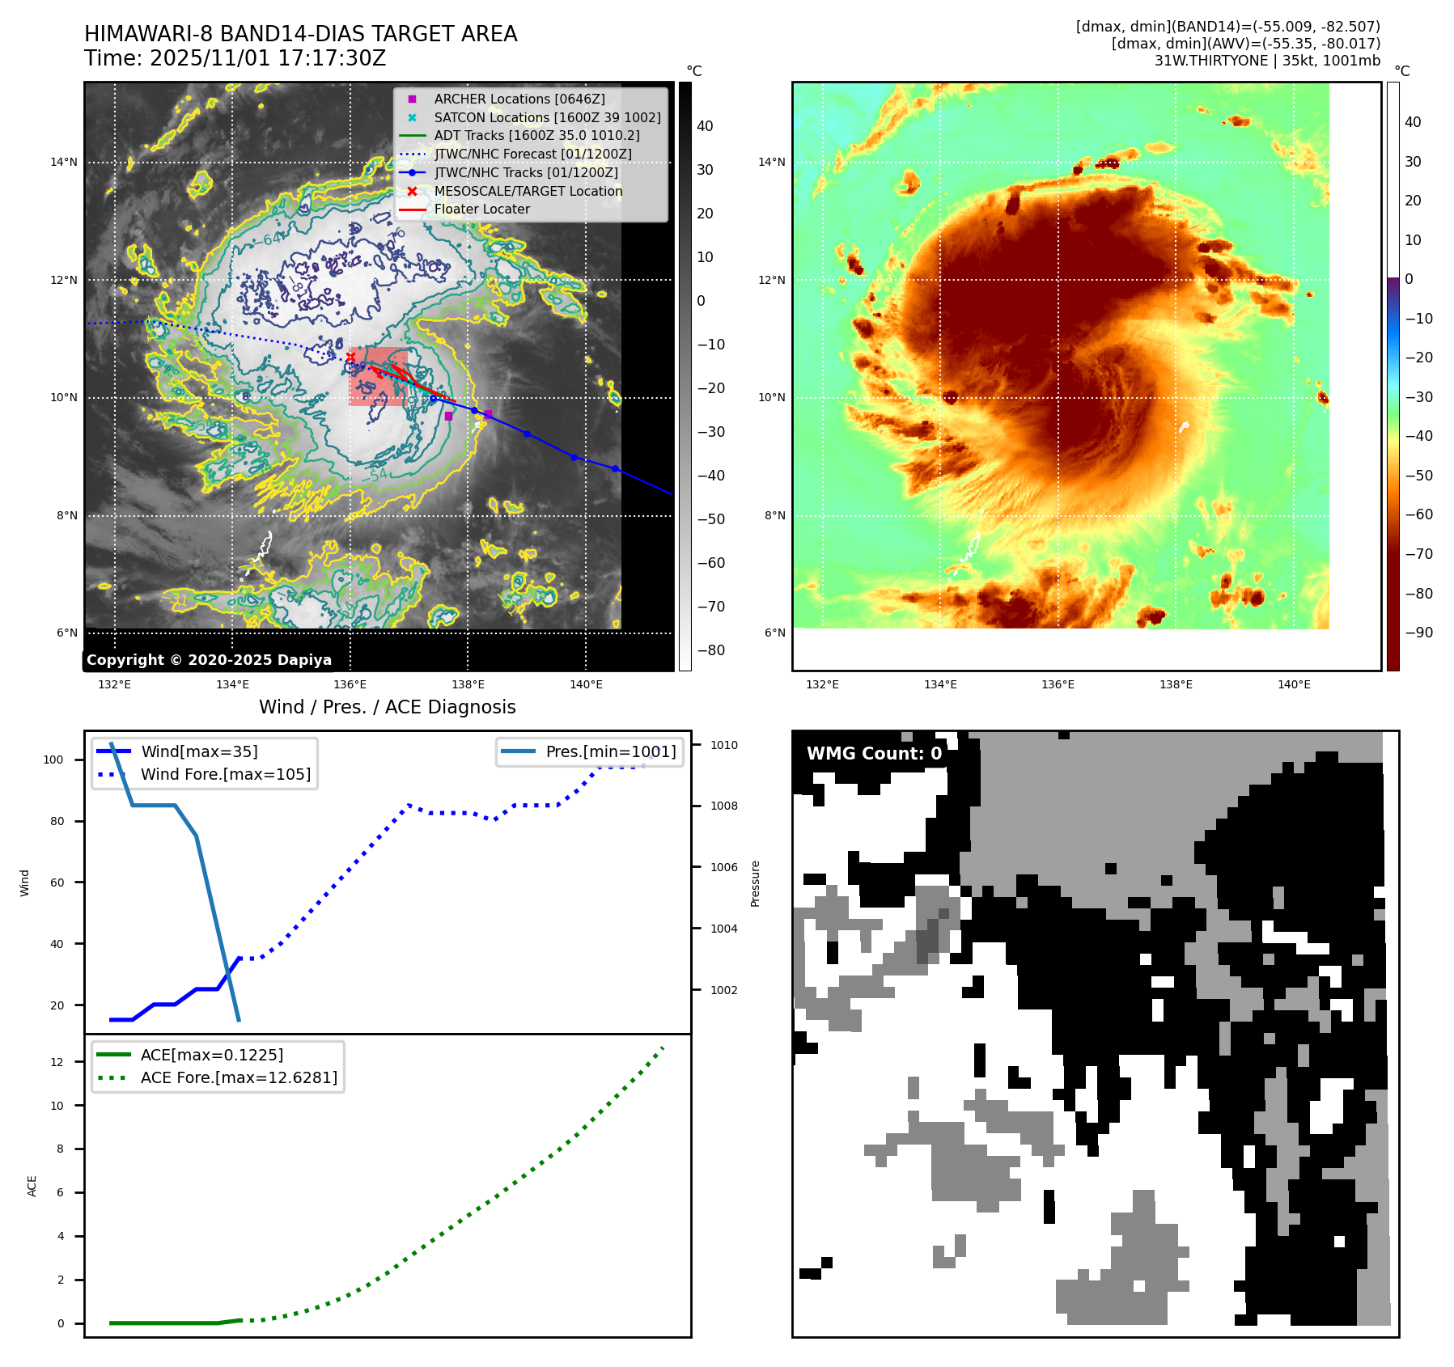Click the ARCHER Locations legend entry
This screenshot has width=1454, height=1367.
point(519,99)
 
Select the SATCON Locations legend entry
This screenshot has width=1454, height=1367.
point(547,117)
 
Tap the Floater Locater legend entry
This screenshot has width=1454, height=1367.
point(481,209)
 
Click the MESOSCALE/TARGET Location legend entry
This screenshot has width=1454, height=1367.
point(528,191)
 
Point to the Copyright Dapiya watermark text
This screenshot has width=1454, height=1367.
point(209,660)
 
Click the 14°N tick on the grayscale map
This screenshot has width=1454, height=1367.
point(64,162)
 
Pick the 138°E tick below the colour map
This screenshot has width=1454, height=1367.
point(1176,684)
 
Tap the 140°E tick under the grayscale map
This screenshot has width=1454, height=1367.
point(586,684)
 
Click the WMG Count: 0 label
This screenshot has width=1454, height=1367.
point(874,754)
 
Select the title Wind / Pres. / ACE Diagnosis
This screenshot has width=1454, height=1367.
point(387,707)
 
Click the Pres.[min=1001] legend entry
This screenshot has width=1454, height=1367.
point(610,751)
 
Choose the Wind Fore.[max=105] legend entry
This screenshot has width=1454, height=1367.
point(225,774)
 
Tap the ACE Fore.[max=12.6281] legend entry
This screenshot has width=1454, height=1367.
point(239,1077)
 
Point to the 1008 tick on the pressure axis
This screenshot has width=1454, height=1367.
point(724,806)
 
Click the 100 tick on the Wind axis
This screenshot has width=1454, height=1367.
point(53,760)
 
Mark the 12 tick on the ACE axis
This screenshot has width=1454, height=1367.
point(57,1062)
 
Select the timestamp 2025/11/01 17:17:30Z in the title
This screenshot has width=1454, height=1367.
point(268,58)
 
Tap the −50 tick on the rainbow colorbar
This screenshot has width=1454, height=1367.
point(1418,475)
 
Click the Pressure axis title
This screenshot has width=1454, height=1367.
point(755,883)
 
